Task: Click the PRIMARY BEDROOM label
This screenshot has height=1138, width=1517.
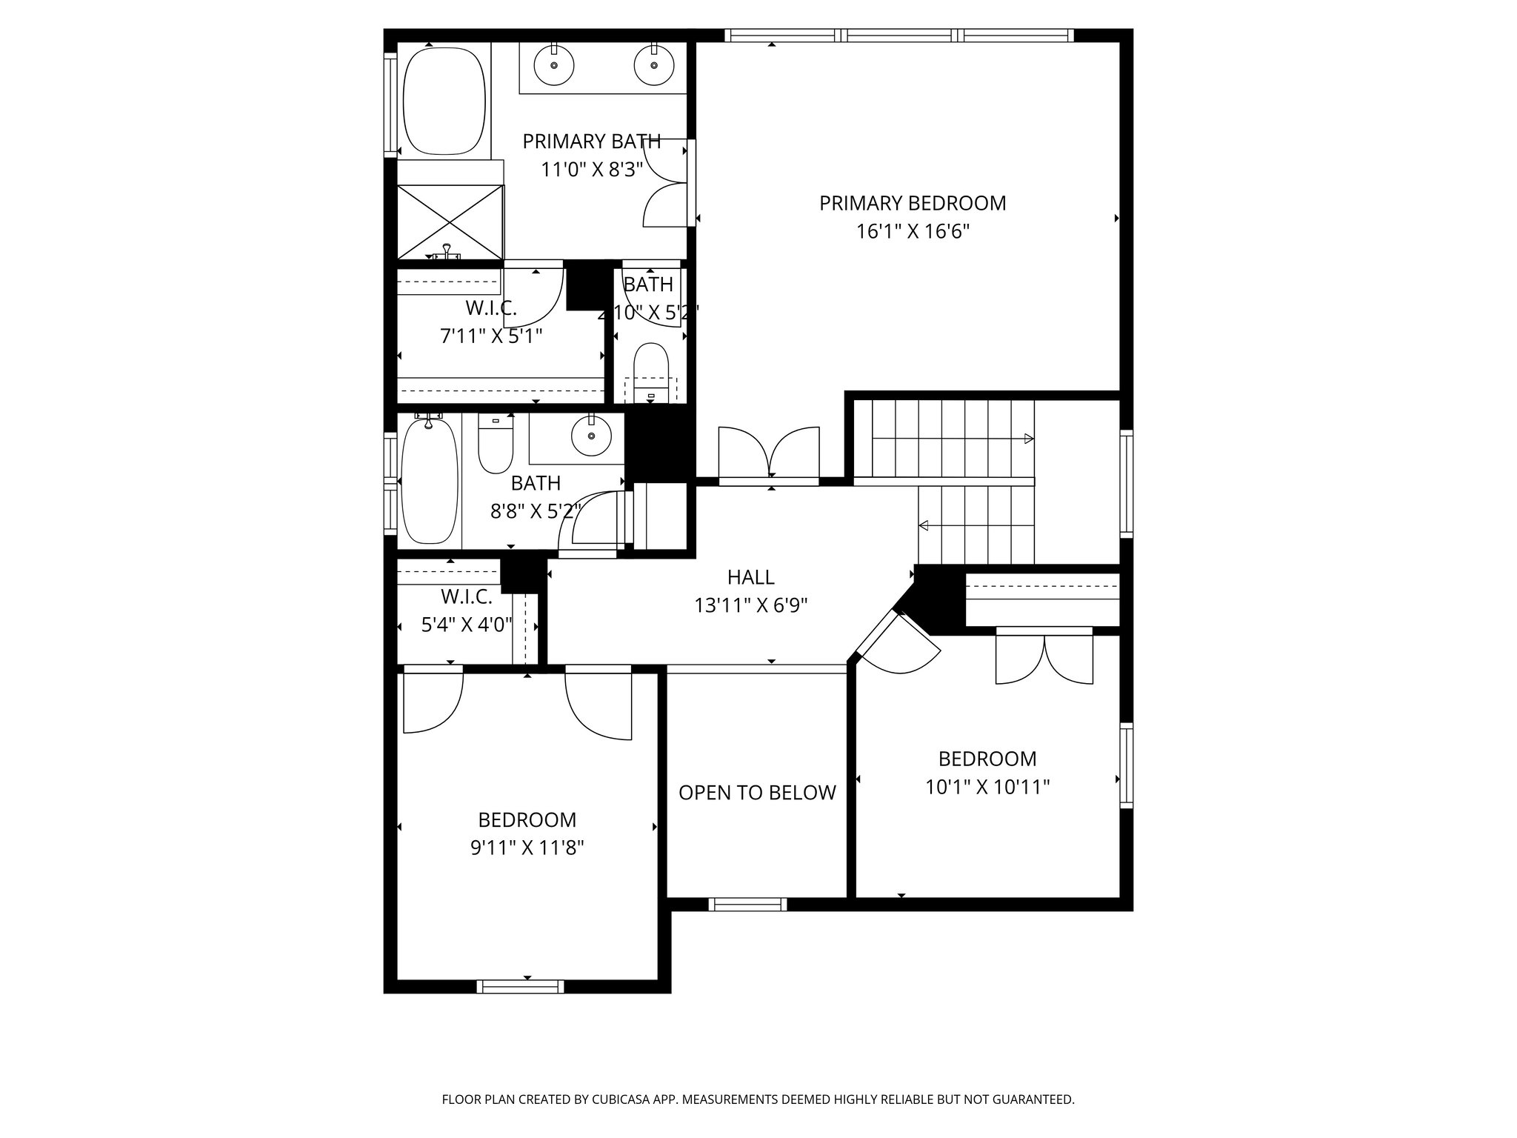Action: coord(913,203)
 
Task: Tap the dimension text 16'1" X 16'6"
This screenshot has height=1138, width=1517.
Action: coord(913,232)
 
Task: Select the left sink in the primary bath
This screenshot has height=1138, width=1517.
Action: coord(554,65)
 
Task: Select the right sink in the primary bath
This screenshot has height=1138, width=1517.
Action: coord(654,65)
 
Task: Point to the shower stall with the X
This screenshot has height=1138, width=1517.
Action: coord(450,221)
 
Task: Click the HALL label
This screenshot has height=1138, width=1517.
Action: coord(750,577)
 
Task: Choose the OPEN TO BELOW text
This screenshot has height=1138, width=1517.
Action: coord(757,793)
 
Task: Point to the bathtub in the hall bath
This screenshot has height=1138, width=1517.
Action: coord(429,480)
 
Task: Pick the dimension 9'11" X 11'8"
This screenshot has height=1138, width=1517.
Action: coord(527,848)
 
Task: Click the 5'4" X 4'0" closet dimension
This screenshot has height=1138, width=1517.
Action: coord(467,625)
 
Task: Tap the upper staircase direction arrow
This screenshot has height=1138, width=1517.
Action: coord(1027,439)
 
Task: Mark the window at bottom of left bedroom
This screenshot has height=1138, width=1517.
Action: coord(520,986)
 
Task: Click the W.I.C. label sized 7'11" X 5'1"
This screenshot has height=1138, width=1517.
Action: coord(490,307)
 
